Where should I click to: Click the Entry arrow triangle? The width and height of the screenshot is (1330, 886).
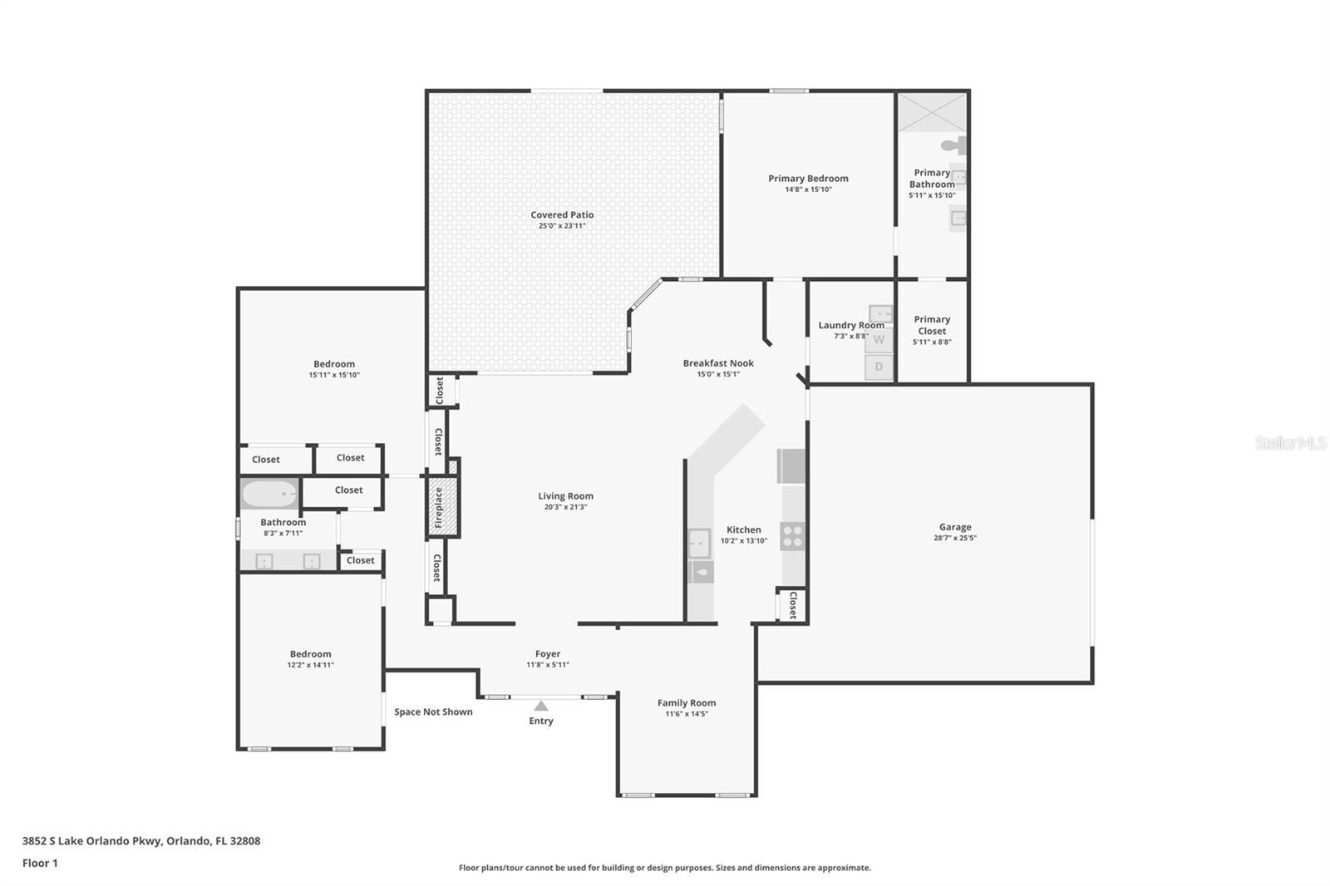pyautogui.click(x=541, y=706)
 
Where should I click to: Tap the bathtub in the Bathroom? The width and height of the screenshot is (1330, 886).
pyautogui.click(x=270, y=494)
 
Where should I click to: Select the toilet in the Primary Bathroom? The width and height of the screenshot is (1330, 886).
pyautogui.click(x=954, y=145)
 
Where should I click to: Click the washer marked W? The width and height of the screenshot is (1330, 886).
pyautogui.click(x=879, y=340)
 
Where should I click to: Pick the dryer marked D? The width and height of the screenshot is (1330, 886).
pyautogui.click(x=879, y=367)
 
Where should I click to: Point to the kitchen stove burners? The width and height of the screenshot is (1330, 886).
pyautogui.click(x=793, y=536)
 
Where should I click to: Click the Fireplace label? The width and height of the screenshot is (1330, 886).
pyautogui.click(x=439, y=508)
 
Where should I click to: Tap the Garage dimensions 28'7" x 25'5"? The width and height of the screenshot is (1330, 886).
pyautogui.click(x=955, y=538)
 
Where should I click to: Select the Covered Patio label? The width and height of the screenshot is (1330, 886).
pyautogui.click(x=562, y=214)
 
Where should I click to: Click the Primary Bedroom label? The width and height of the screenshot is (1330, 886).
pyautogui.click(x=808, y=178)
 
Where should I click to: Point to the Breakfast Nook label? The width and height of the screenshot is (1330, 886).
pyautogui.click(x=718, y=363)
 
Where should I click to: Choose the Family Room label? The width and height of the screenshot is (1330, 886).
pyautogui.click(x=687, y=702)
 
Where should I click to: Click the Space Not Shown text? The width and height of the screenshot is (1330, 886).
pyautogui.click(x=433, y=711)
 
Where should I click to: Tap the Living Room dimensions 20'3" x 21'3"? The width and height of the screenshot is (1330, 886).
pyautogui.click(x=565, y=507)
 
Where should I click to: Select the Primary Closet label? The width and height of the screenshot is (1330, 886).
pyautogui.click(x=932, y=325)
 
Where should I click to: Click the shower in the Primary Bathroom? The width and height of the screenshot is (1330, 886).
pyautogui.click(x=932, y=112)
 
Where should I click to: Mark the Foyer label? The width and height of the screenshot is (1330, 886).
pyautogui.click(x=548, y=654)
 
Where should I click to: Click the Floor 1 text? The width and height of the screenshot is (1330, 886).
pyautogui.click(x=40, y=863)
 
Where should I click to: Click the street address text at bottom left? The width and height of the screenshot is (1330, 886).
pyautogui.click(x=141, y=841)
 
